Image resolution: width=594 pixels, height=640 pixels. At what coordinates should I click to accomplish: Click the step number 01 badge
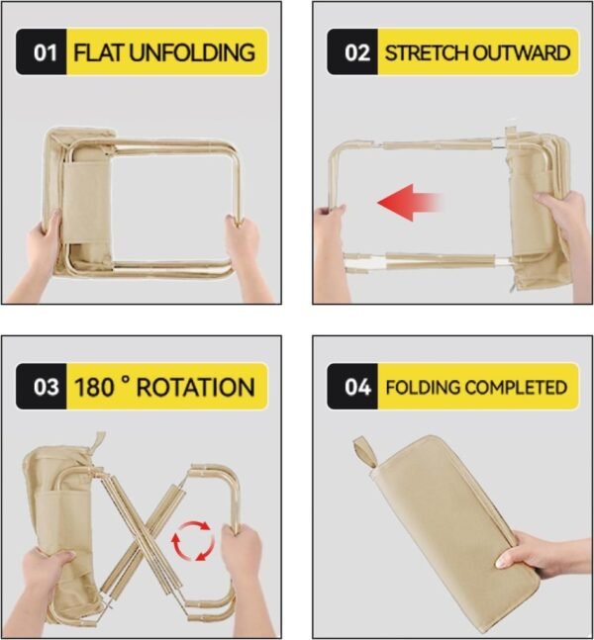(x=45, y=52)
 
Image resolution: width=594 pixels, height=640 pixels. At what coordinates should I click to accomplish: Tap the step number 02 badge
(x=356, y=52)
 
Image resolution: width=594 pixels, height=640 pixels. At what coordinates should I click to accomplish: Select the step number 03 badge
(x=45, y=387)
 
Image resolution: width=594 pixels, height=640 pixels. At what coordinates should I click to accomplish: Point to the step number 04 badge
(x=356, y=387)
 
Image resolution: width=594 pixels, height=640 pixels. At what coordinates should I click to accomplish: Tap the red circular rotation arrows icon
(x=192, y=541)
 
